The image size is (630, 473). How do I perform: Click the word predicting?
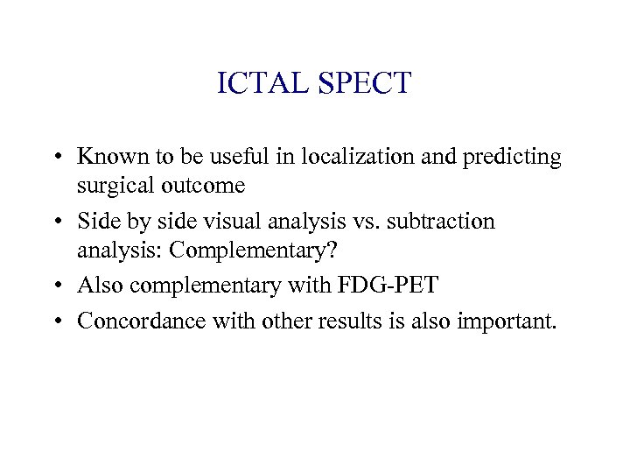click(x=513, y=158)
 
